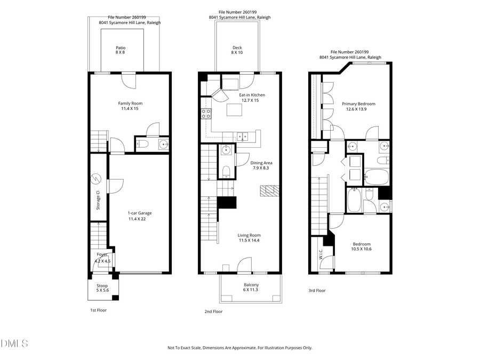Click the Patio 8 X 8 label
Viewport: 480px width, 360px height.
pyautogui.click(x=121, y=50)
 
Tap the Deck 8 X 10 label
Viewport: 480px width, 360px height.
pyautogui.click(x=237, y=50)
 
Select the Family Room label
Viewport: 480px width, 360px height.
pyautogui.click(x=130, y=106)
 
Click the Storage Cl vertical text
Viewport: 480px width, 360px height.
pyautogui.click(x=98, y=200)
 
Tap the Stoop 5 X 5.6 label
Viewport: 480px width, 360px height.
pyautogui.click(x=102, y=288)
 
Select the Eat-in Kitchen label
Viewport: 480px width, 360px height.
pyautogui.click(x=252, y=98)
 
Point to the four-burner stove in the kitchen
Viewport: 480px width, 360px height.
pyautogui.click(x=206, y=113)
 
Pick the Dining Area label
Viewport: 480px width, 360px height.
pyautogui.click(x=262, y=165)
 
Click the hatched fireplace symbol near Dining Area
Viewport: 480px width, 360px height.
pyautogui.click(x=270, y=190)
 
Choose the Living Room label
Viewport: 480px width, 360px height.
pyautogui.click(x=249, y=238)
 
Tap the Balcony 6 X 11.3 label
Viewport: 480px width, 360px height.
pyautogui.click(x=251, y=287)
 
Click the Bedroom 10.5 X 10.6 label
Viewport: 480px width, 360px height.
pyautogui.click(x=361, y=246)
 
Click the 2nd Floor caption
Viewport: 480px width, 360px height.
pyautogui.click(x=213, y=311)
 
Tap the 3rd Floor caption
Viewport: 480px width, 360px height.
pyautogui.click(x=317, y=291)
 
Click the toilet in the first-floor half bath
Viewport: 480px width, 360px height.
pyautogui.click(x=142, y=144)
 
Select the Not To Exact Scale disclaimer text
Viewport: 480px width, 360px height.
pyautogui.click(x=240, y=348)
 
